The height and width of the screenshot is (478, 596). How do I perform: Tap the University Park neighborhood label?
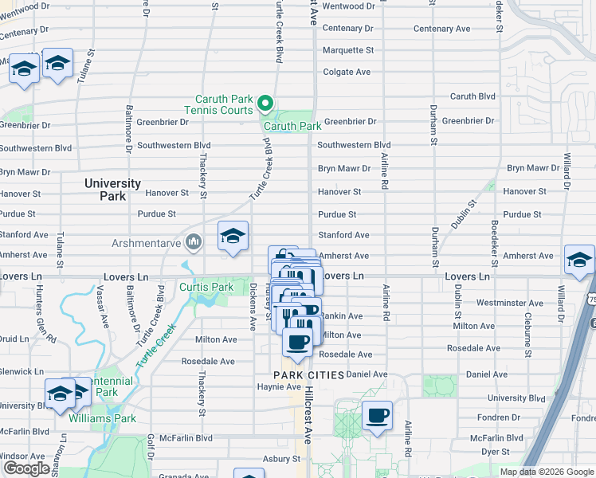click(x=112, y=189)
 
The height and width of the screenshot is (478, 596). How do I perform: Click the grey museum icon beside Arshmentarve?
click(x=193, y=241)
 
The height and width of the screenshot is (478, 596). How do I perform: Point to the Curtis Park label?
click(x=206, y=287)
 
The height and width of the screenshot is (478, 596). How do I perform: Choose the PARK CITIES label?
click(x=308, y=374)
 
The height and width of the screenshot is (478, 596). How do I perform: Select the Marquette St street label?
click(x=347, y=50)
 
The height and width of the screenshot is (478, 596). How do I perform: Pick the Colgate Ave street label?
click(x=346, y=72)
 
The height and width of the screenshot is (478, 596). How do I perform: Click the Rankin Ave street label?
click(x=343, y=316)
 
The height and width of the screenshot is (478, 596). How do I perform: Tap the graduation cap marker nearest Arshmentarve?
click(x=232, y=236)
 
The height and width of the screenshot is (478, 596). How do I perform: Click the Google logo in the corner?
click(x=26, y=468)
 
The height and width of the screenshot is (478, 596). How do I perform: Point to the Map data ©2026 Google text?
click(x=547, y=472)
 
